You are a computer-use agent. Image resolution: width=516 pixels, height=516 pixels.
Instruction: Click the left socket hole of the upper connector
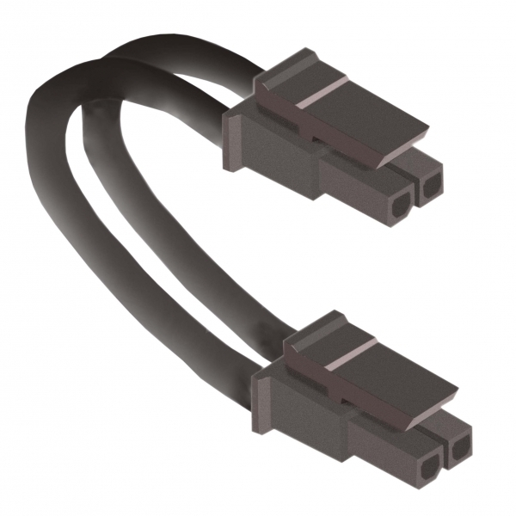(401, 206)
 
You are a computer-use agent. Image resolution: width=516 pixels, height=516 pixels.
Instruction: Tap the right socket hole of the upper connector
(429, 185)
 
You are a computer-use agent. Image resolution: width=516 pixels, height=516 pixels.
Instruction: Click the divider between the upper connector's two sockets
(415, 196)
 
